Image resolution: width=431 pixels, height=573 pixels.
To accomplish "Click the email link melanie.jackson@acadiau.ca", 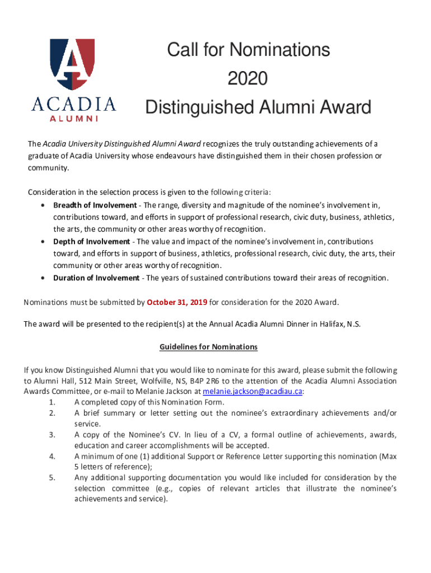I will point(252,391).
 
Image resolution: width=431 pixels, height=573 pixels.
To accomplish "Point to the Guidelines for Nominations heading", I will point(208,347).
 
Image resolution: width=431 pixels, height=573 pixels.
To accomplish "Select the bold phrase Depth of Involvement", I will point(91,241).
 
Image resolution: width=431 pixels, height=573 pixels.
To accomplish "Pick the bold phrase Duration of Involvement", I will point(96,278).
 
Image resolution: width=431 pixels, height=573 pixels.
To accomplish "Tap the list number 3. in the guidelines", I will point(52,435).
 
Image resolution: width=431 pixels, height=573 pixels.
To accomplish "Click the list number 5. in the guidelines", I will point(52,477).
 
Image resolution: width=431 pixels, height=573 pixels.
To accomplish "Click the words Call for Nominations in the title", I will point(249,50).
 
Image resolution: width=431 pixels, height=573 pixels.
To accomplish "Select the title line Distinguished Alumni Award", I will point(258,107).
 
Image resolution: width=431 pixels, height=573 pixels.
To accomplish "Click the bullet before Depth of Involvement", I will point(43,241).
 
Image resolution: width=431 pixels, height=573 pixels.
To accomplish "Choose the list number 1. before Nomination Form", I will point(52,402).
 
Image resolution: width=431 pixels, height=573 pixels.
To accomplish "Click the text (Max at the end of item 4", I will point(388,456).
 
